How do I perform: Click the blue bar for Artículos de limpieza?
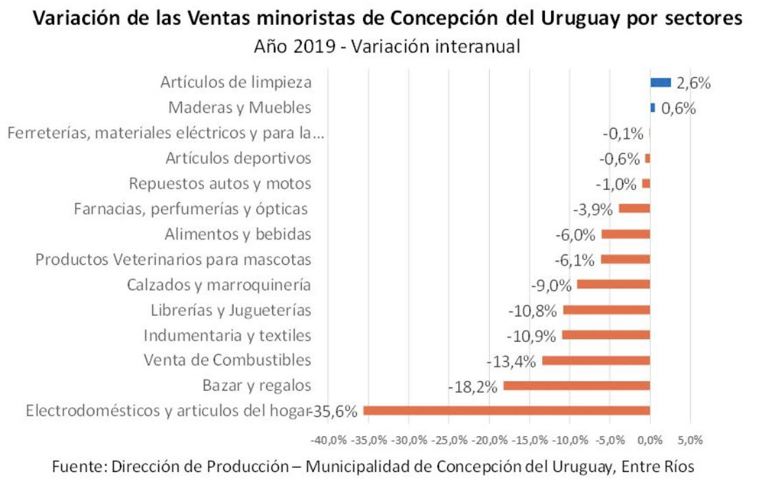click(660, 83)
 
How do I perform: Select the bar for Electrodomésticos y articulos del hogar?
click(506, 411)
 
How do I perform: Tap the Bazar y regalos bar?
click(577, 385)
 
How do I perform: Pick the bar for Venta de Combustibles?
click(596, 361)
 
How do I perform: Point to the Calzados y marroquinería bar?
click(613, 284)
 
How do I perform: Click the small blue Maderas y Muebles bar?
click(652, 108)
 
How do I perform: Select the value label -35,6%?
click(335, 411)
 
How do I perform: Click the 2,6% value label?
click(693, 83)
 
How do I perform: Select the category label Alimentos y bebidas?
click(238, 234)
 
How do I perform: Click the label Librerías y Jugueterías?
click(231, 310)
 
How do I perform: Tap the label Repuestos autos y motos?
click(220, 184)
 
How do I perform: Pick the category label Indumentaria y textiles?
click(227, 335)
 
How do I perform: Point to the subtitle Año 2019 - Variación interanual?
click(386, 47)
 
